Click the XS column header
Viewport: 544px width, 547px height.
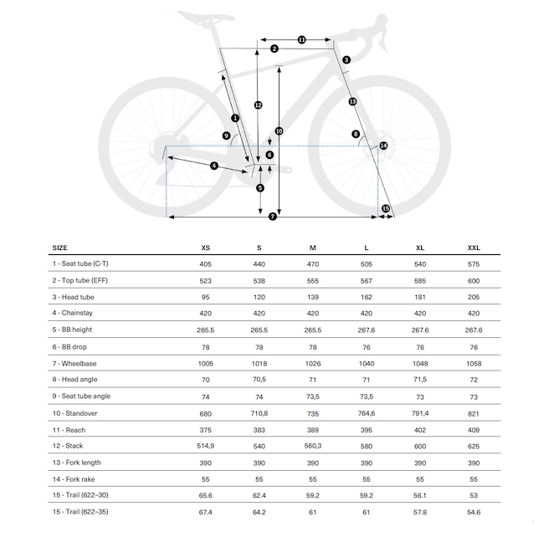coord(206,248)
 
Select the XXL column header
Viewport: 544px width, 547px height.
coord(474,248)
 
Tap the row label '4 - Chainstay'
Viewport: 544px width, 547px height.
coord(77,313)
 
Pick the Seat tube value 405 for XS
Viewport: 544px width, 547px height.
coord(206,263)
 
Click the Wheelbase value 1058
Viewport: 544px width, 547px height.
coord(474,363)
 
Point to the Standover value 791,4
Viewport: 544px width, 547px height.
coord(420,412)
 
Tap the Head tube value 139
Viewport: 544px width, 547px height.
coord(313,297)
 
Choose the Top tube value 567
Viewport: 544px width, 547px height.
coord(367,280)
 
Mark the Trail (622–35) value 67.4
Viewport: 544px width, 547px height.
coord(206,512)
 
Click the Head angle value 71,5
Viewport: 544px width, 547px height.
coord(420,380)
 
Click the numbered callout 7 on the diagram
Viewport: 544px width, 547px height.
coord(273,217)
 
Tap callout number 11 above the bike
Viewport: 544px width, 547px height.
coord(301,39)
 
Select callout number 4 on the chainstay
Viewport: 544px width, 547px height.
coord(214,166)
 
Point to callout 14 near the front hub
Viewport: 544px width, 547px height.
coord(383,146)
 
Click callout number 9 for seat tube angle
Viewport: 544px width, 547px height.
coord(226,135)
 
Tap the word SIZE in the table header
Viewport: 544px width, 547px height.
coord(60,248)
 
